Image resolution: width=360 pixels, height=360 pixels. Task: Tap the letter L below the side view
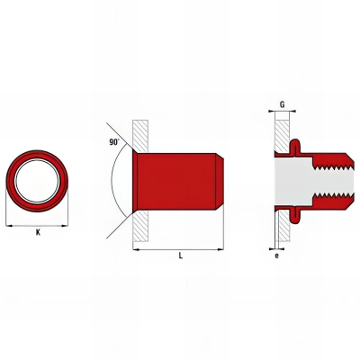coord(181,256)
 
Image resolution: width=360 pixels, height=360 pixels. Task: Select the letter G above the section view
coord(283,105)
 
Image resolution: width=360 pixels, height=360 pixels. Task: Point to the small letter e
coord(276,256)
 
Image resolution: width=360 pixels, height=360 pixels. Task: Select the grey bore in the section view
coord(297,181)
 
